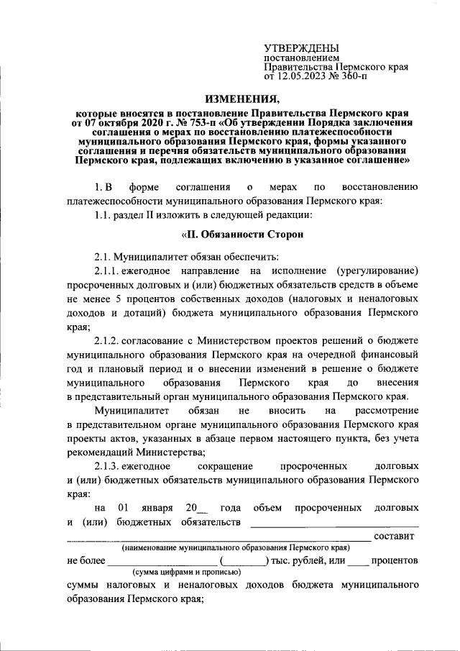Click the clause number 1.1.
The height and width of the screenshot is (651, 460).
[104, 215]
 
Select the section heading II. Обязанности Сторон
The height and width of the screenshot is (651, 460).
[240, 235]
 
